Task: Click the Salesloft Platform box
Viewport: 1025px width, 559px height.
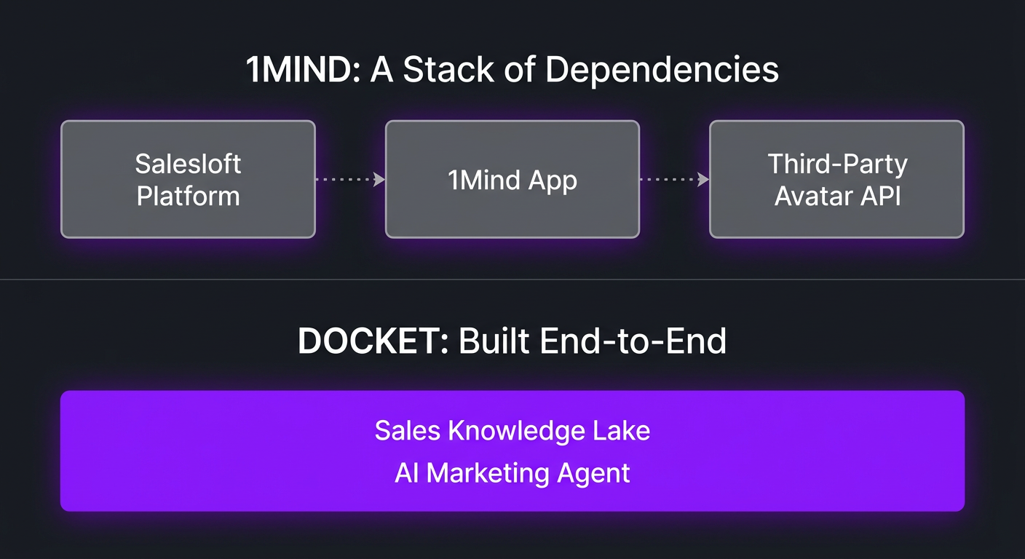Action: (x=188, y=179)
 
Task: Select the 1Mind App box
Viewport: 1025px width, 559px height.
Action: (x=512, y=179)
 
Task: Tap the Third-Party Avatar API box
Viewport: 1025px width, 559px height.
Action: (x=836, y=179)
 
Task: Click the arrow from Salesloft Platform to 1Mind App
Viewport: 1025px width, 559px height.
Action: (x=350, y=179)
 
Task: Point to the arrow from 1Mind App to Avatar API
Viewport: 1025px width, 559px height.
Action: (x=674, y=179)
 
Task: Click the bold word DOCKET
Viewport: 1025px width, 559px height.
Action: (x=372, y=341)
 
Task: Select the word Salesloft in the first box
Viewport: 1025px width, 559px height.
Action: (x=188, y=164)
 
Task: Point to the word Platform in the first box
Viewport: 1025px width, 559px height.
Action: (x=188, y=196)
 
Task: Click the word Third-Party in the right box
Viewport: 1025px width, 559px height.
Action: (x=837, y=164)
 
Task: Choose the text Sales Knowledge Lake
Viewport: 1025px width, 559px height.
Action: (x=512, y=430)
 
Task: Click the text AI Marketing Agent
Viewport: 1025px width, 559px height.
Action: (x=512, y=473)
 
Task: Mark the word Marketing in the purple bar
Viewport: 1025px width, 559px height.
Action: (x=487, y=473)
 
